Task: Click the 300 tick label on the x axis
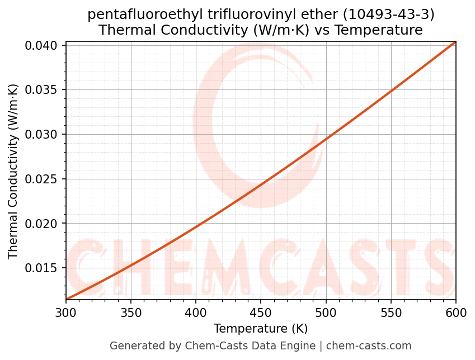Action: coord(65,312)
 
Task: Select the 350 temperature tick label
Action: coord(130,312)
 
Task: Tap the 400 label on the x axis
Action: coord(195,312)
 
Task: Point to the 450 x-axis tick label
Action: coord(260,312)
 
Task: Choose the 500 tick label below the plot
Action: coord(326,312)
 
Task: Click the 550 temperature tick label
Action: coord(391,312)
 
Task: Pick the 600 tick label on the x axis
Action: coord(455,312)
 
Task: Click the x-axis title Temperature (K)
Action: coord(260,329)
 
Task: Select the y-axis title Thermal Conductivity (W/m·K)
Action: coord(13,171)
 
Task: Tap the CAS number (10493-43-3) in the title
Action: coord(388,15)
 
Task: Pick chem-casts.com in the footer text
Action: coord(369,346)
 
